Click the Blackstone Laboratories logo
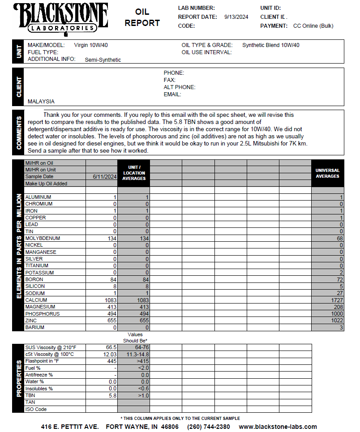61,18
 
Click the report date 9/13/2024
236,17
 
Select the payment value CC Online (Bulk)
313,26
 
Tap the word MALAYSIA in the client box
41,102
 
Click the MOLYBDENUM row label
43,238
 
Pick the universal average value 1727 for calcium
337,300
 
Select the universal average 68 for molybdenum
340,238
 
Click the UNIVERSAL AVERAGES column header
327,173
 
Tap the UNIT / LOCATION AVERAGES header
134,173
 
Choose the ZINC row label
31,321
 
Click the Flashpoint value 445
112,361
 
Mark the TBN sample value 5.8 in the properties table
113,395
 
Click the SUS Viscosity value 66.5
111,347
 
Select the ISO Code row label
36,409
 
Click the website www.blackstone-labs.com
278,427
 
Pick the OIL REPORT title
142,17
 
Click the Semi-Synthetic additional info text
103,60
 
